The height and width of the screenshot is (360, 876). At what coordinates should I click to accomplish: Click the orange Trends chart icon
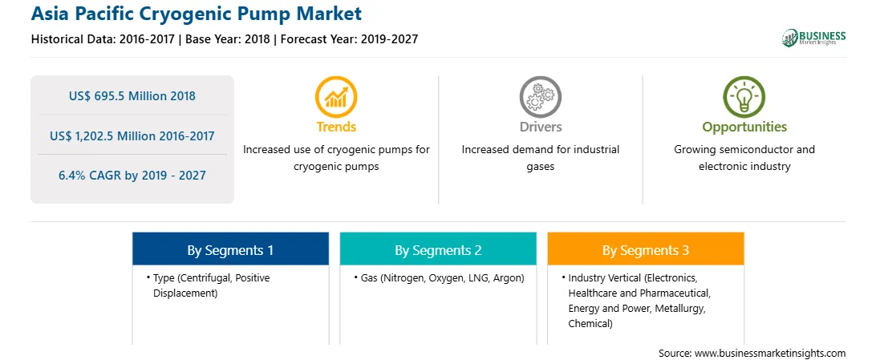pyautogui.click(x=336, y=96)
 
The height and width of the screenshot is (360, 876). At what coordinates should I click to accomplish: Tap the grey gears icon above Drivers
pyautogui.click(x=540, y=96)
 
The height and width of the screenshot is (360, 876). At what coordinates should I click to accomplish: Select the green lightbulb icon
pyautogui.click(x=744, y=96)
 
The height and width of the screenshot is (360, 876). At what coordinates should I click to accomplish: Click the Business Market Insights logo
pyautogui.click(x=814, y=38)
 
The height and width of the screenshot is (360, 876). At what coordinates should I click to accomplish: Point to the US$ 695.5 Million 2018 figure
pyautogui.click(x=132, y=96)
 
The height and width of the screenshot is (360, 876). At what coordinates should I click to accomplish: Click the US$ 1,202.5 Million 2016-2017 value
pyautogui.click(x=132, y=136)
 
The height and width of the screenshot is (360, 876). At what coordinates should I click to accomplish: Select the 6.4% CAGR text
pyautogui.click(x=132, y=176)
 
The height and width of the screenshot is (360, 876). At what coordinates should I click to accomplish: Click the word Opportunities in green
pyautogui.click(x=744, y=127)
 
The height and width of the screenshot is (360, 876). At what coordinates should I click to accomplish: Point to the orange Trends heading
pyautogui.click(x=336, y=127)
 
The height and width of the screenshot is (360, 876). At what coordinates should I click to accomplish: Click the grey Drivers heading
pyautogui.click(x=540, y=127)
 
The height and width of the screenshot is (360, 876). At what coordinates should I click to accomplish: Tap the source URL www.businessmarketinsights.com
pyautogui.click(x=770, y=354)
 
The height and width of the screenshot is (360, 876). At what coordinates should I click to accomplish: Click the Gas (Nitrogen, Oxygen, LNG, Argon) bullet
pyautogui.click(x=438, y=277)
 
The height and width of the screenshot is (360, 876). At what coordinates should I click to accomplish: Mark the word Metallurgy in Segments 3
pyautogui.click(x=686, y=308)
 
